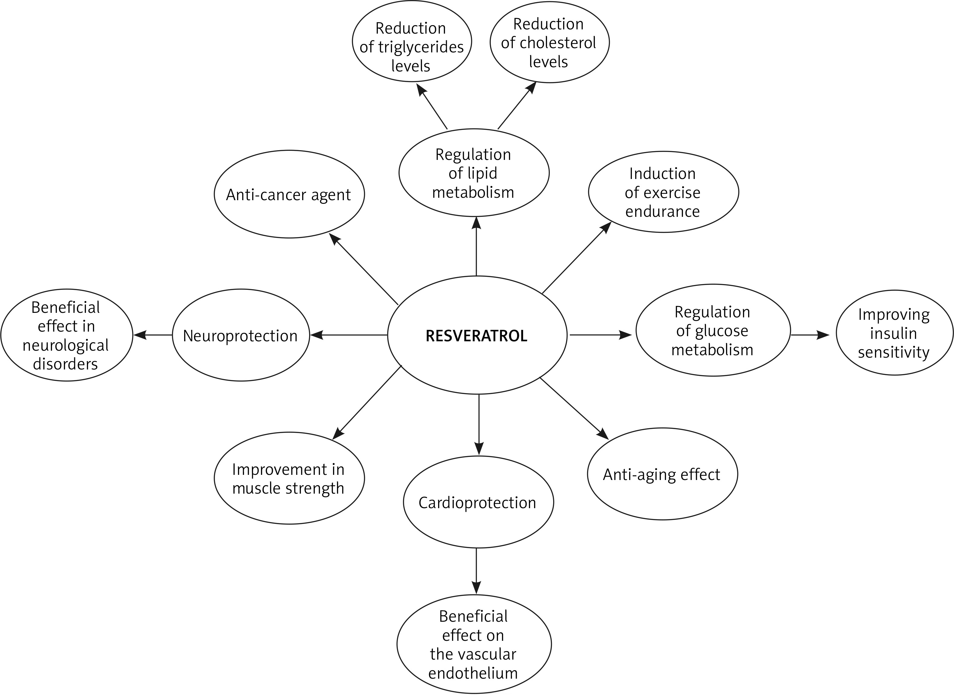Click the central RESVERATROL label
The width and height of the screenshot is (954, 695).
(x=476, y=336)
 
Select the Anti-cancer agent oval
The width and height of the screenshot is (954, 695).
(x=289, y=194)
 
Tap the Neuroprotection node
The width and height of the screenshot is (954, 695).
(x=241, y=335)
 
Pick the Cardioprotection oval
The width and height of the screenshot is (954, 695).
(x=478, y=502)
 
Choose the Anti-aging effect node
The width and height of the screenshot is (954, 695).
(x=662, y=474)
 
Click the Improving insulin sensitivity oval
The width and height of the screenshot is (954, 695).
(x=894, y=333)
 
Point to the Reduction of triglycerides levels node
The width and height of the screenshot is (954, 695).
(x=411, y=47)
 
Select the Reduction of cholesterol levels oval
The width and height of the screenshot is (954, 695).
(x=549, y=42)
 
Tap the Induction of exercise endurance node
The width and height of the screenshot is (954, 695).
(x=663, y=192)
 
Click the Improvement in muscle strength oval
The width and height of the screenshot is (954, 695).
(x=289, y=478)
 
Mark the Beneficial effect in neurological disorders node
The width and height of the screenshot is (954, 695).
(x=67, y=335)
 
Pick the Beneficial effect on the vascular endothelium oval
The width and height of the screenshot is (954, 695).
(x=474, y=644)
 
